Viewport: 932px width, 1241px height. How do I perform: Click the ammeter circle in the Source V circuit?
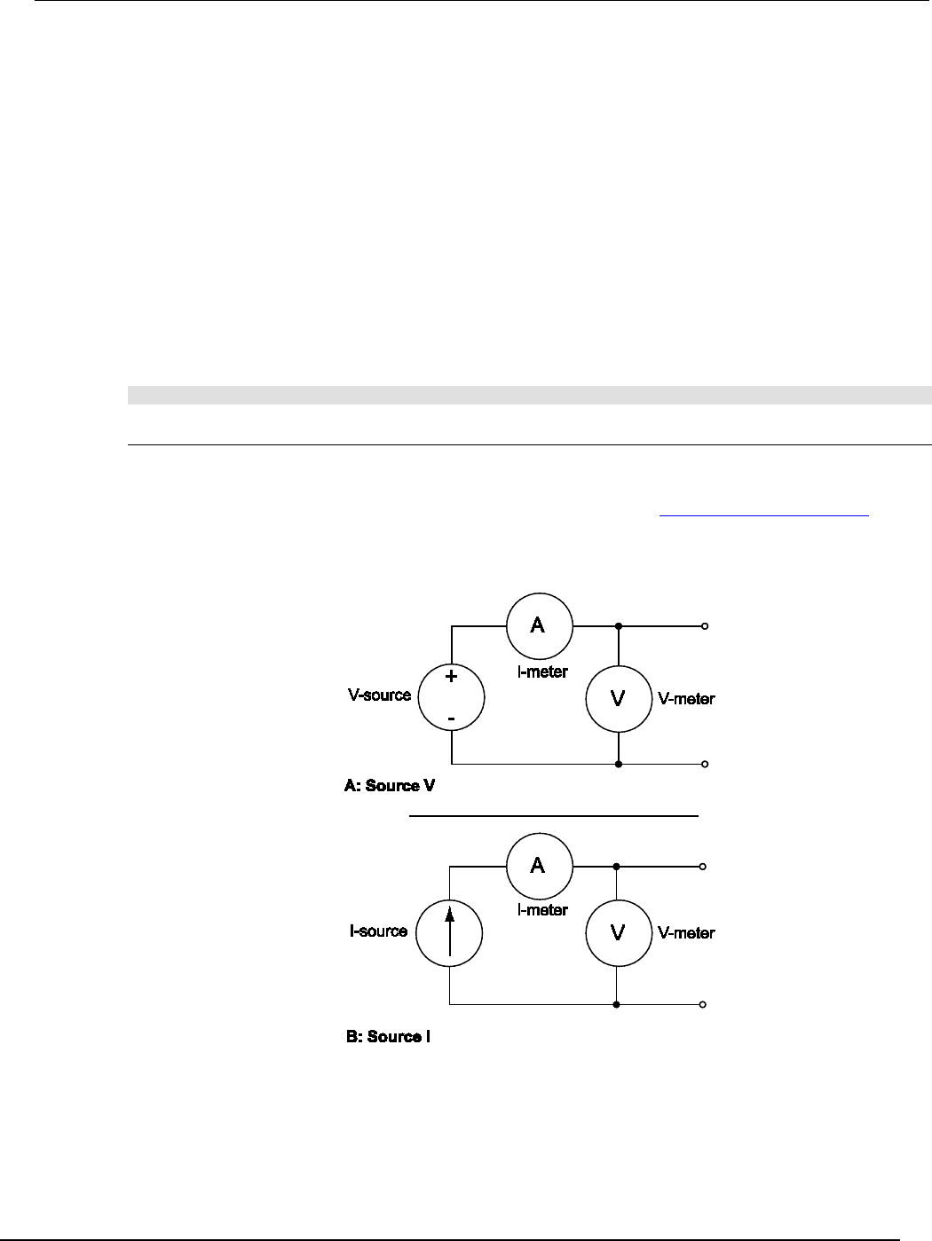point(539,626)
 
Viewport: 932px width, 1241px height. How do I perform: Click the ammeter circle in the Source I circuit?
point(539,866)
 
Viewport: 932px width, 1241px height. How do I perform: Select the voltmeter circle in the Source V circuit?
point(618,699)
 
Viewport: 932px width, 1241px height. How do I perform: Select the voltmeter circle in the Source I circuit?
point(618,933)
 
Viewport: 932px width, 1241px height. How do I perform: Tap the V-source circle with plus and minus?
point(451,696)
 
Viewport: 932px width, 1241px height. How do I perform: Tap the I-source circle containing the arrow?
point(450,932)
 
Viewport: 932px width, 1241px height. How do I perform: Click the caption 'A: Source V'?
point(389,786)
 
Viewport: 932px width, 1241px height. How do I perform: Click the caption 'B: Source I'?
point(388,1036)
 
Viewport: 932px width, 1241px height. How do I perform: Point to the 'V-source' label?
point(379,695)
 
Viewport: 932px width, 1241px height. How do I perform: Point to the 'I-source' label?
point(378,931)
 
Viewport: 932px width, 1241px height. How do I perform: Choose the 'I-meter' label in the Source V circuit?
point(542,672)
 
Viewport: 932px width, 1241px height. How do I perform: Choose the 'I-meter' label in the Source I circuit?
point(542,910)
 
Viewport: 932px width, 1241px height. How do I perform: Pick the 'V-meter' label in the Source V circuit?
point(686,699)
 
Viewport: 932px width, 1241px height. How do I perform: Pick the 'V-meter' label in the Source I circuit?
point(686,933)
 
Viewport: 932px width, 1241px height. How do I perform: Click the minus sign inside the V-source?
point(451,716)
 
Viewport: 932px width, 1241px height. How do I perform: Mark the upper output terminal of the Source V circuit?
point(704,626)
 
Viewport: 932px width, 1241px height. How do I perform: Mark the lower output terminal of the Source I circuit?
point(703,1005)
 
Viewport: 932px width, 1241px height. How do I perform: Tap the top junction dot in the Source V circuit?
point(618,626)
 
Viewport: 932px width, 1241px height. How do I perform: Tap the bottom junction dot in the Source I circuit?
point(617,1005)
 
